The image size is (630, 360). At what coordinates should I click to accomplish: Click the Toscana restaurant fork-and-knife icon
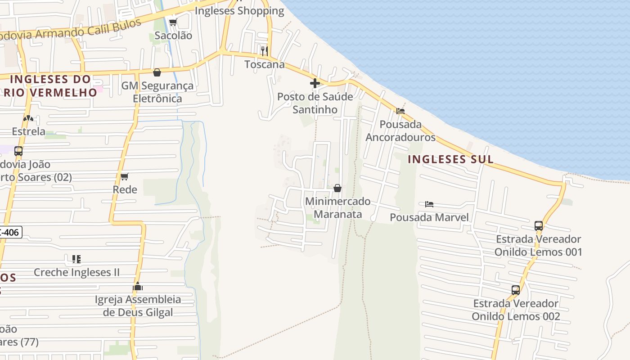coord(264,50)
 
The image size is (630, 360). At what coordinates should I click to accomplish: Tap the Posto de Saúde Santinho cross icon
coord(315,83)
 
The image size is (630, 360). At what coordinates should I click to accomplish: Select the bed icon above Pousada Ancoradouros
coord(400,111)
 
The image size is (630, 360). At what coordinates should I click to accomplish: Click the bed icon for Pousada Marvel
coord(429,204)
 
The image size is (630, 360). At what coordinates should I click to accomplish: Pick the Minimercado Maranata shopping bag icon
coord(337,188)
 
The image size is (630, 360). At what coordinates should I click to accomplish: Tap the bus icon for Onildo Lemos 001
coord(539,226)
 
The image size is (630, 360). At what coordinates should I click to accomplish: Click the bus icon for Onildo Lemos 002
coord(516,290)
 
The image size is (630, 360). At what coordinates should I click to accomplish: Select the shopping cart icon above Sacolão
coord(173,22)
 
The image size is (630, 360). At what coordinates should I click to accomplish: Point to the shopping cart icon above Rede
coord(125,176)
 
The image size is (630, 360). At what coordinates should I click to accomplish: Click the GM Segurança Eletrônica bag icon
coord(157,72)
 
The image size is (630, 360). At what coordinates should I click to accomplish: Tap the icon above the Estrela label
coord(28,118)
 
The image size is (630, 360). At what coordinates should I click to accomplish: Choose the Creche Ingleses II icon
coord(76,259)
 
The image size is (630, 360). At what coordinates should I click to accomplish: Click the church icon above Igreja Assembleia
coord(138,287)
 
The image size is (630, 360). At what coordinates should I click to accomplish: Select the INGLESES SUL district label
coord(450,159)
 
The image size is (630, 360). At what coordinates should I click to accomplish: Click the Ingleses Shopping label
coord(239,11)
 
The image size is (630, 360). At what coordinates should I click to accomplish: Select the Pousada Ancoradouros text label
coord(400,130)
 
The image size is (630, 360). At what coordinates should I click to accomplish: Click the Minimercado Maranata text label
coord(338,208)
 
